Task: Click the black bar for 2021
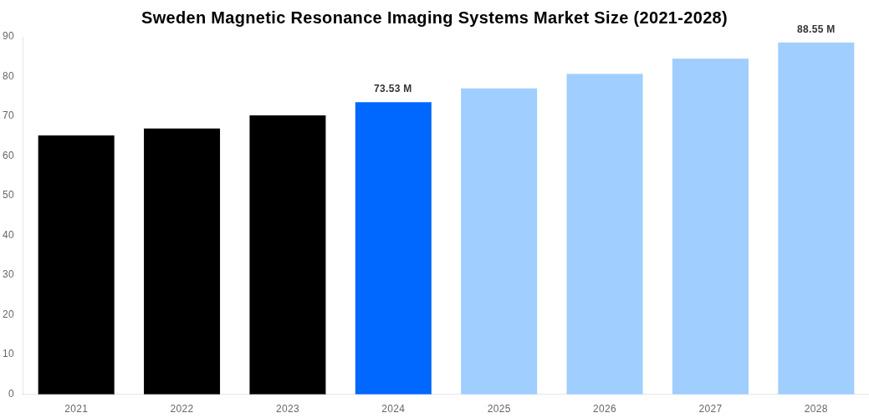pyautogui.click(x=76, y=264)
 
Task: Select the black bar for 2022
pyautogui.click(x=181, y=261)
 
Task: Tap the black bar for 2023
pyautogui.click(x=287, y=254)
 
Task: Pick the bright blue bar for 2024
pyautogui.click(x=393, y=247)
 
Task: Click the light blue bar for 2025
pyautogui.click(x=498, y=241)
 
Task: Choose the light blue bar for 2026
pyautogui.click(x=605, y=233)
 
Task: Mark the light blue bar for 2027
pyautogui.click(x=710, y=226)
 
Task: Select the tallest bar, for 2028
pyautogui.click(x=815, y=218)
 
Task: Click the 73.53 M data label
pyautogui.click(x=393, y=89)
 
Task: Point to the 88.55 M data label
pyautogui.click(x=815, y=29)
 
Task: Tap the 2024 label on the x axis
pyautogui.click(x=393, y=409)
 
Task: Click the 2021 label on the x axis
pyautogui.click(x=76, y=409)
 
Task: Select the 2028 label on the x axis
pyautogui.click(x=815, y=409)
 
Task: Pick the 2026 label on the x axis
pyautogui.click(x=605, y=409)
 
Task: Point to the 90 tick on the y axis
pyautogui.click(x=8, y=36)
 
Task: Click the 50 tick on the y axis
pyautogui.click(x=8, y=195)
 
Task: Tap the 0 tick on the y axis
pyautogui.click(x=11, y=393)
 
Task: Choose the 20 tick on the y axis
pyautogui.click(x=8, y=314)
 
